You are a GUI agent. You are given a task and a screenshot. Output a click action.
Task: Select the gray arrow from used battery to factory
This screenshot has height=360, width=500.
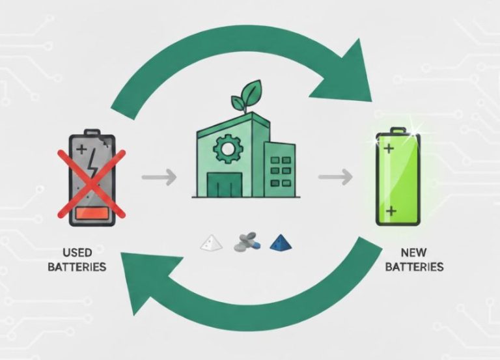click(158, 176)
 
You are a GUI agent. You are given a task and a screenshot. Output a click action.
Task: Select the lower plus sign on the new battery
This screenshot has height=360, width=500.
click(391, 211)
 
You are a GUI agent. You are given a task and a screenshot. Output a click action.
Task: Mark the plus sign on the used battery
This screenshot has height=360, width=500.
click(81, 150)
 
